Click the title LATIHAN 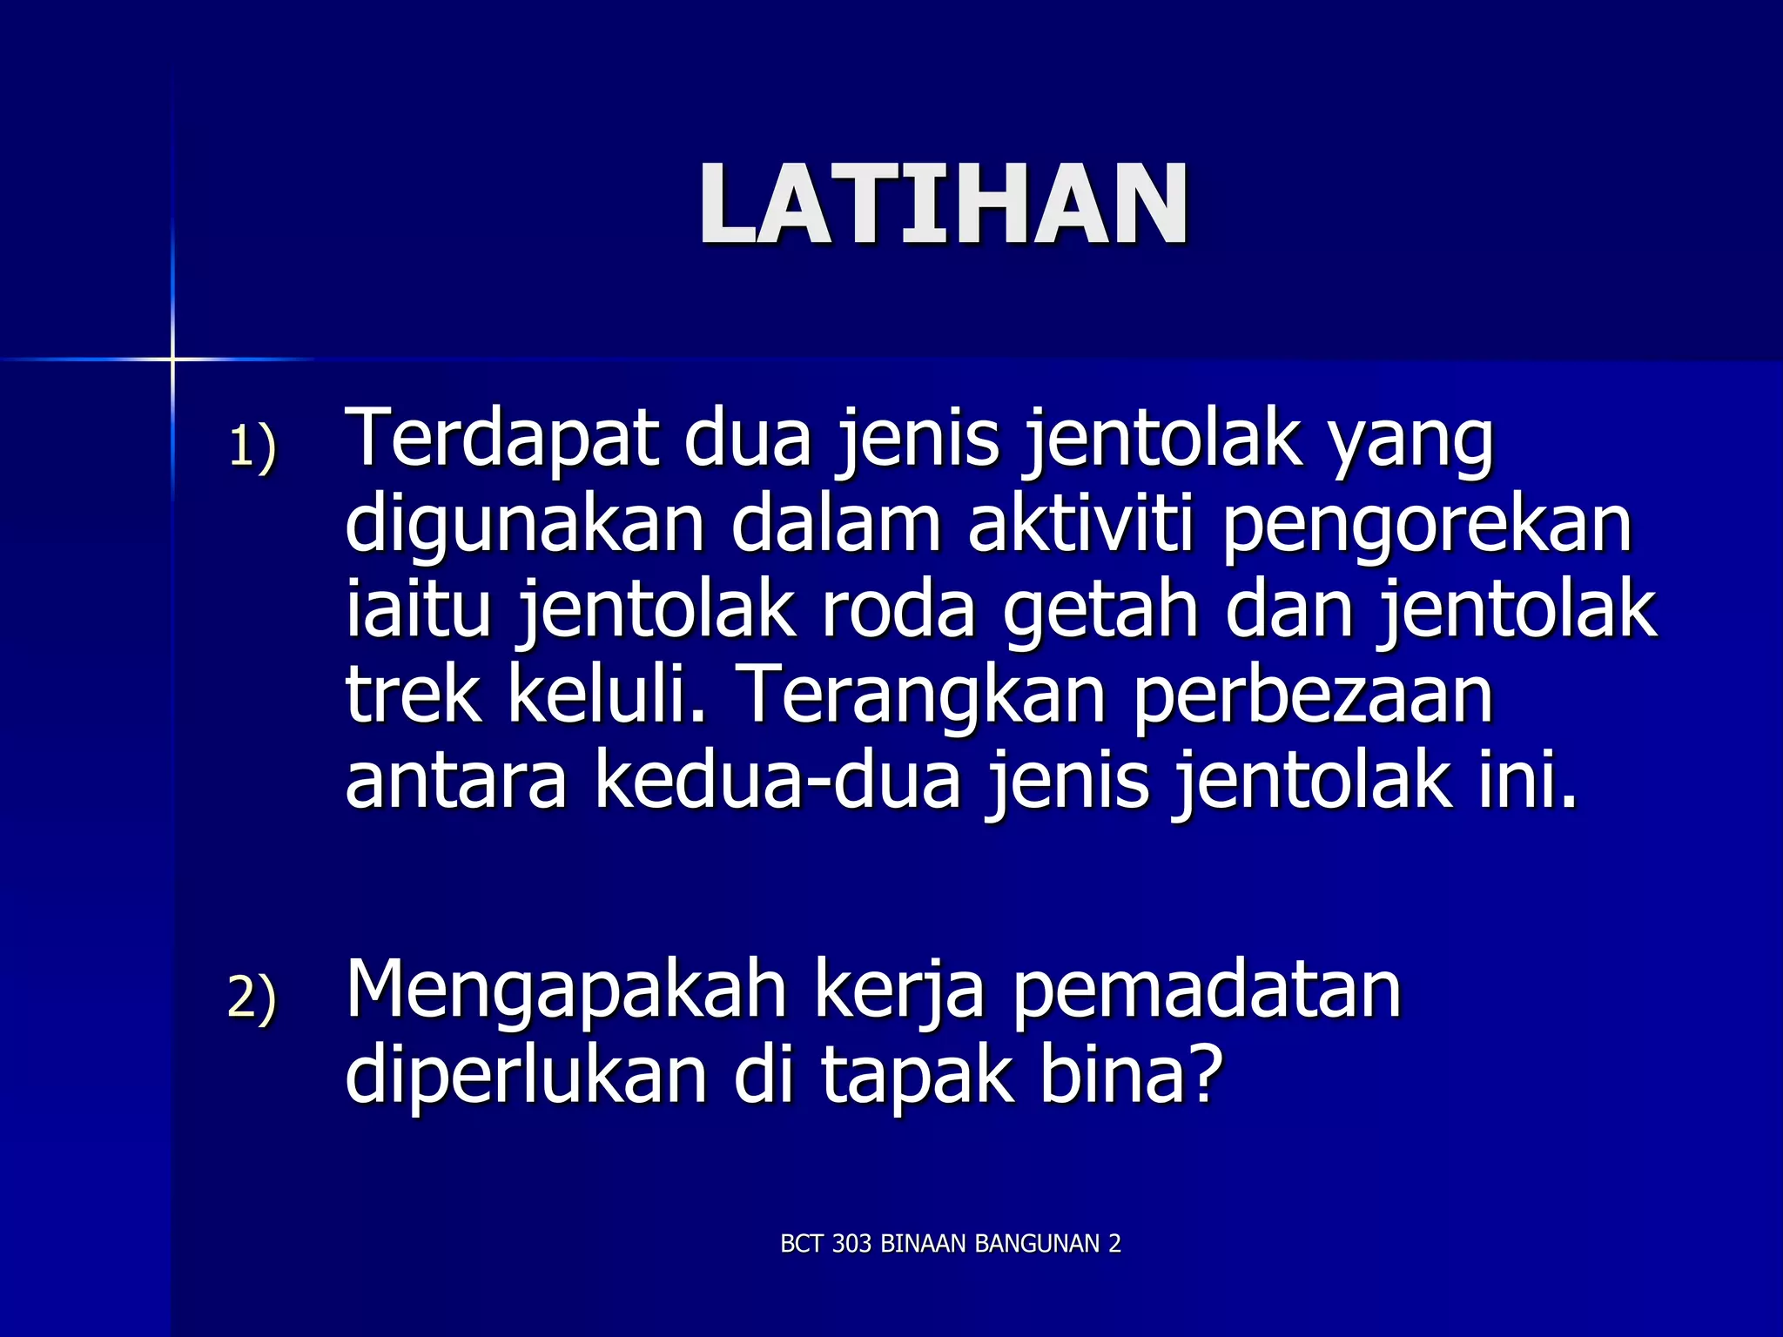(943, 205)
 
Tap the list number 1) (252, 447)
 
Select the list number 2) (252, 997)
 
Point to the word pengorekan (1427, 527)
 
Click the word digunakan (524, 527)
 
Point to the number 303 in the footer (851, 1244)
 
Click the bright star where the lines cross (172, 359)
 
